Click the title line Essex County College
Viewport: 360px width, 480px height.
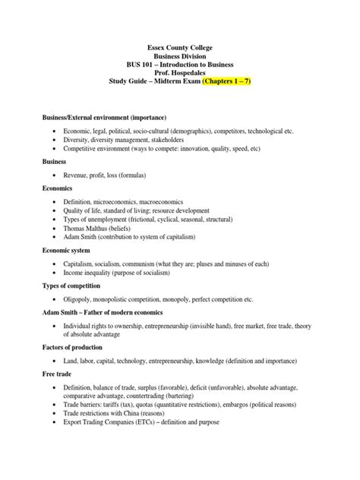point(180,46)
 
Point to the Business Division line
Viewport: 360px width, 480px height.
point(180,55)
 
